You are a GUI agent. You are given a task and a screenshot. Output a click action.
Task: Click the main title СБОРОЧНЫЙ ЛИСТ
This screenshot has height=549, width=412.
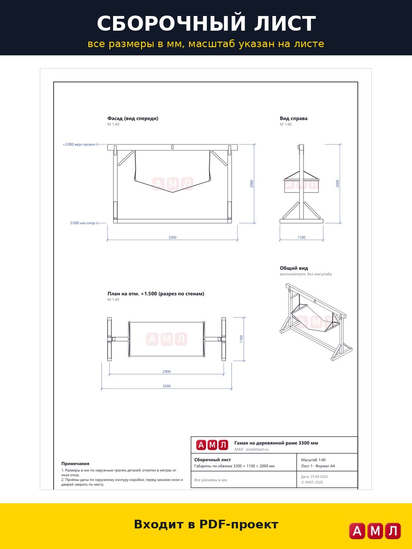pos(206,23)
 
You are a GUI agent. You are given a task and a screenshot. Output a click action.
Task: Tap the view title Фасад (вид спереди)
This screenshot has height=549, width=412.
pos(133,118)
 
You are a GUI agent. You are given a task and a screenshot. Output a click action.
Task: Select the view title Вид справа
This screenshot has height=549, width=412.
pos(293,118)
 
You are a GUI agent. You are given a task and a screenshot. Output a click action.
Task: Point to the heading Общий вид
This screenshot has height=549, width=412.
pos(294,268)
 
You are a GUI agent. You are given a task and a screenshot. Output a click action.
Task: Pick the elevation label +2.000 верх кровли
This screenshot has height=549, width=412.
pos(79,144)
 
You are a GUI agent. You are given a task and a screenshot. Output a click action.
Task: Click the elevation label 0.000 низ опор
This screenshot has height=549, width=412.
pos(83,223)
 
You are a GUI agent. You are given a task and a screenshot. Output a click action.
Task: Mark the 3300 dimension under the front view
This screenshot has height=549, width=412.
pos(173,237)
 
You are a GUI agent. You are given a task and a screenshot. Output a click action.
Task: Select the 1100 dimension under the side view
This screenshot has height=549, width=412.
pos(301,237)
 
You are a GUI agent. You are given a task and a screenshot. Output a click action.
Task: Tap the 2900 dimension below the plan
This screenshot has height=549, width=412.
pos(166,371)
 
